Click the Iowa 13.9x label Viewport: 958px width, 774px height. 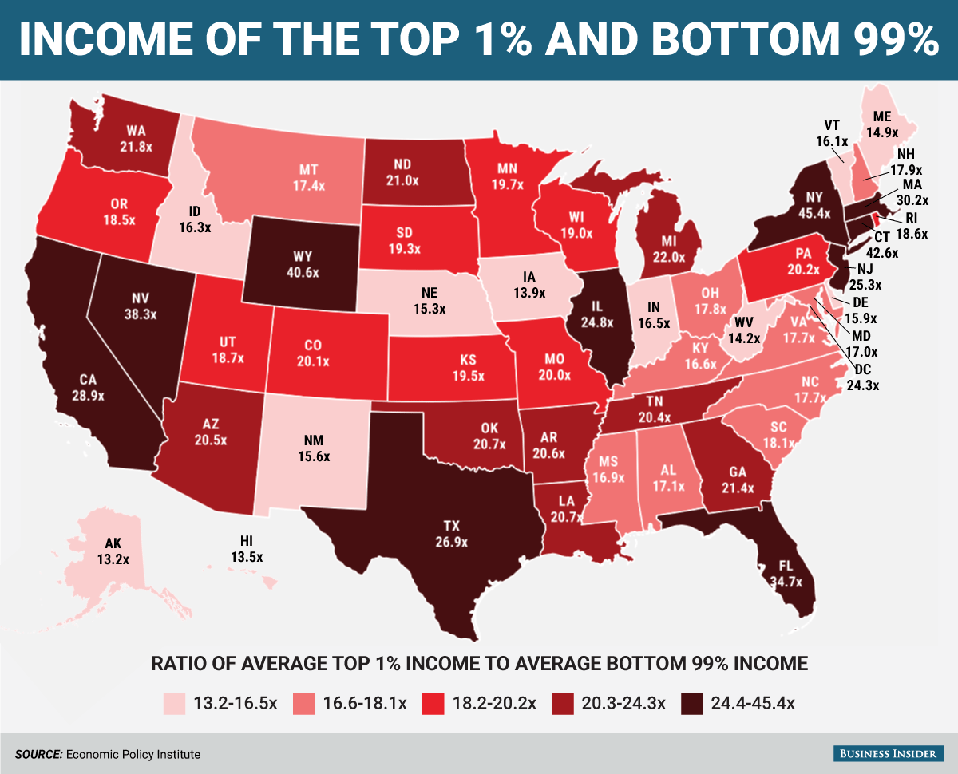tap(529, 285)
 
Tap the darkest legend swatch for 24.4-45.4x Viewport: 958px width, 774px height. tap(691, 703)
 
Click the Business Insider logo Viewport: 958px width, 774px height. tap(889, 753)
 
